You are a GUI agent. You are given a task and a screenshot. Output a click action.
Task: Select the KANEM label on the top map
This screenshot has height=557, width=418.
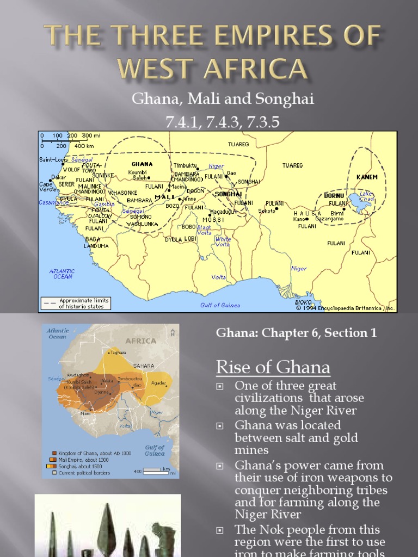click(x=366, y=177)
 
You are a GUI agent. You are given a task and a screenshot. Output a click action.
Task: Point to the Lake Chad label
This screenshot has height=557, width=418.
click(x=366, y=196)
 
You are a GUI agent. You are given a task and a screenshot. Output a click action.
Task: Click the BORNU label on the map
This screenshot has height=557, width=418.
click(x=334, y=195)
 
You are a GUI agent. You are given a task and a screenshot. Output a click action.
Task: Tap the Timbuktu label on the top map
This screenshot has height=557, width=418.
click(x=186, y=165)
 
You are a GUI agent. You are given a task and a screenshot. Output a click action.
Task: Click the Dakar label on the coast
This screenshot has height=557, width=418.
click(x=58, y=177)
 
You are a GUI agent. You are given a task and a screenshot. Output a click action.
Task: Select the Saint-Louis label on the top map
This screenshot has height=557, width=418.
click(x=52, y=159)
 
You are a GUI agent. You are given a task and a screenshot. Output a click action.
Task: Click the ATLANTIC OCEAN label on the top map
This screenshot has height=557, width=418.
click(x=63, y=274)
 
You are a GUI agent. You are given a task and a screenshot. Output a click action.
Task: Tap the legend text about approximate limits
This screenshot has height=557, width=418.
click(x=84, y=303)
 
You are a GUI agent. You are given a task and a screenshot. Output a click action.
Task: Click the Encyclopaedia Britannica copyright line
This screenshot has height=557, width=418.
click(x=346, y=308)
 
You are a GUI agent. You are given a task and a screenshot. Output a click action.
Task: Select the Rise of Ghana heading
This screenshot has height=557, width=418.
click(x=273, y=368)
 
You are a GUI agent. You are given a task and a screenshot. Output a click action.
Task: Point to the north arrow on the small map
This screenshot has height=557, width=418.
click(x=173, y=331)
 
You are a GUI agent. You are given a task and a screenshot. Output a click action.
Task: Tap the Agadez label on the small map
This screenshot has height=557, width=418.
click(x=158, y=382)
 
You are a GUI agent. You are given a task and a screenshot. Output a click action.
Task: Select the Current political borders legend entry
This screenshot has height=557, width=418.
click(x=89, y=473)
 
